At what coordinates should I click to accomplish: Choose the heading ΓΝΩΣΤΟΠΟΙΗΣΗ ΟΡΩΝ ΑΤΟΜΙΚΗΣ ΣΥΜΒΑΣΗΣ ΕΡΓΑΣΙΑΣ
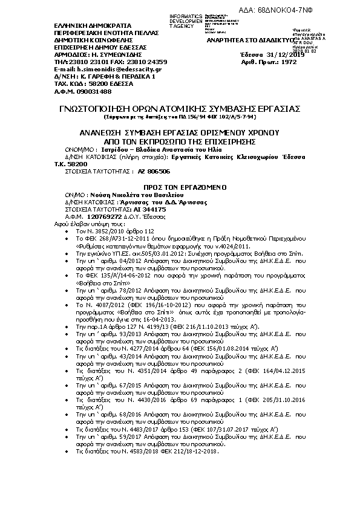[180, 109]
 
